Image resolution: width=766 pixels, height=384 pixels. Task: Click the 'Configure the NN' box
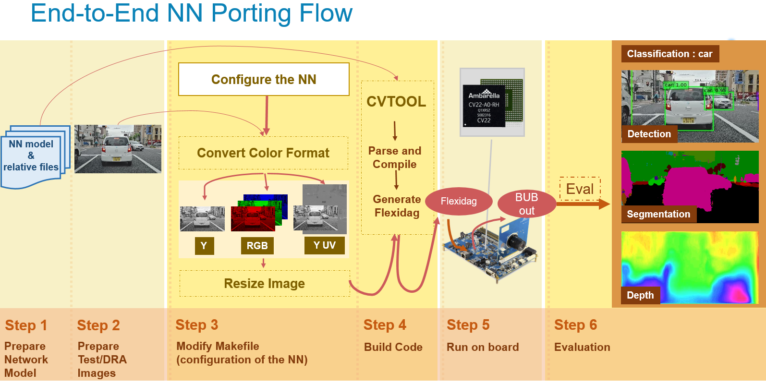264,79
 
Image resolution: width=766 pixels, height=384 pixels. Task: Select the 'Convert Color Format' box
263,153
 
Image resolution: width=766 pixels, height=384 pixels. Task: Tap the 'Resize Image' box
264,283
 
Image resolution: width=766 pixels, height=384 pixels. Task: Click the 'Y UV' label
324,245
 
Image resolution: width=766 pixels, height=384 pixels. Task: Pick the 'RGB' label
257,246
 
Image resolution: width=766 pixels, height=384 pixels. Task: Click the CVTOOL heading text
396,101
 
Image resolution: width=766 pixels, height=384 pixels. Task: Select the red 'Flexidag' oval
459,201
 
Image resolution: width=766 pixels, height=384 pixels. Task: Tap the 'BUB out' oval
526,204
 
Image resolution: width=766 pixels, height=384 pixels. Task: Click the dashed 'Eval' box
580,189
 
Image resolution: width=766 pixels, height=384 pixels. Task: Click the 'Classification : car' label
669,54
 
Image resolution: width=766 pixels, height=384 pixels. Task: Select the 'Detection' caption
649,134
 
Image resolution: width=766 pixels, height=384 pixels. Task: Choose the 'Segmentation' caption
658,214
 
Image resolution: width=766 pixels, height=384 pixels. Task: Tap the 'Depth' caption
640,295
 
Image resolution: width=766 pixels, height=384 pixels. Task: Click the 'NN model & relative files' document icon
32,156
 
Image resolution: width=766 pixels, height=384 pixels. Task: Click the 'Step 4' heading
385,325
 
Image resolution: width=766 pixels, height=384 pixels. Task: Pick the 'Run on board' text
483,347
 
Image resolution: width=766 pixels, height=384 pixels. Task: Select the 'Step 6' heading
575,325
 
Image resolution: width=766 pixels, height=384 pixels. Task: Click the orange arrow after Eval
583,204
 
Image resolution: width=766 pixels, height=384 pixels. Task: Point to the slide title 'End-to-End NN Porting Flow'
191,13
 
